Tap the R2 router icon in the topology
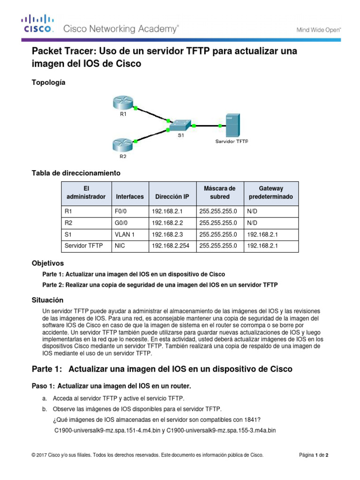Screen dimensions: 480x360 pos(123,145)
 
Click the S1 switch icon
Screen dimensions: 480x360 pos(180,125)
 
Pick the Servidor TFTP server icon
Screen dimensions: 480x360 pos(232,125)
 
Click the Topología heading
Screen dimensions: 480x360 pos(48,82)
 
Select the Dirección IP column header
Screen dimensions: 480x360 pos(172,197)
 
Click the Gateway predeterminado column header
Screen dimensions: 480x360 pos(270,193)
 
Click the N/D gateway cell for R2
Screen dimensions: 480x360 pos(253,223)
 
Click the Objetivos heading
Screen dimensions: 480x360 pos(47,263)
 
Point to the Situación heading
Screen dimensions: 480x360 pos(47,300)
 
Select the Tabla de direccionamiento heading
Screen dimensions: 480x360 pos(76,173)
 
